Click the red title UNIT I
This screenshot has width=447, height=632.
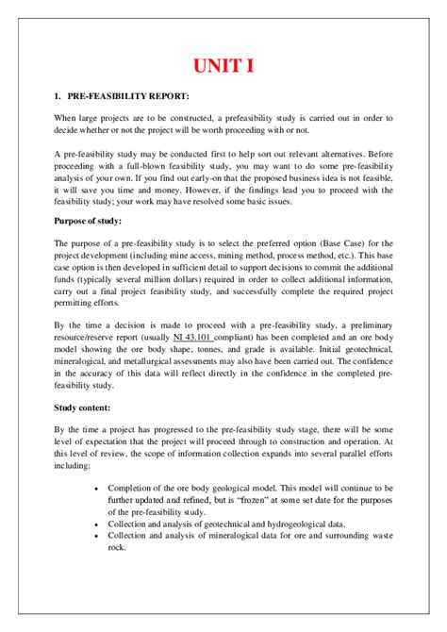click(223, 66)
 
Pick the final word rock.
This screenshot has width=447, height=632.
click(117, 547)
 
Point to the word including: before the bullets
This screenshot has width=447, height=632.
click(74, 464)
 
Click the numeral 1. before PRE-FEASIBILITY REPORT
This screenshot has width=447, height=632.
click(58, 97)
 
